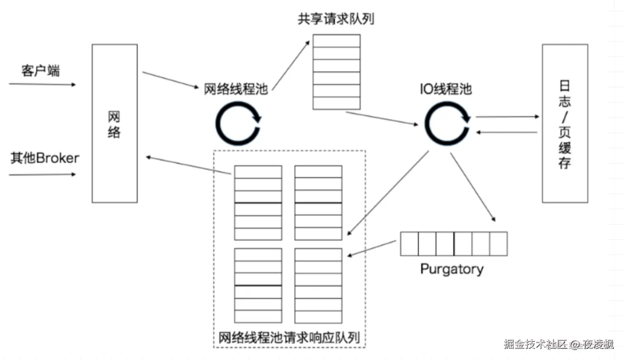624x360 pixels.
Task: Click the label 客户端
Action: (x=41, y=71)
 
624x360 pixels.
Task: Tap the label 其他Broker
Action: (x=45, y=158)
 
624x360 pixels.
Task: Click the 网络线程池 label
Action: (x=236, y=89)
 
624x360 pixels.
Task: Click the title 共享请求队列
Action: (x=336, y=19)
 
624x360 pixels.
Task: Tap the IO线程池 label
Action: (x=446, y=89)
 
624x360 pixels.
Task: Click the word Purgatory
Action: (x=452, y=269)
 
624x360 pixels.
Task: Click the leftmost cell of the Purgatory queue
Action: (x=409, y=244)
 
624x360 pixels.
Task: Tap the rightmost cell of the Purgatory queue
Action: (x=499, y=244)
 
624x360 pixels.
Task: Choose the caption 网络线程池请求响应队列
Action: (x=289, y=338)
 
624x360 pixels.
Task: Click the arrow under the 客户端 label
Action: (x=42, y=84)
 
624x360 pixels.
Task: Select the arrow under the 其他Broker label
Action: (x=42, y=174)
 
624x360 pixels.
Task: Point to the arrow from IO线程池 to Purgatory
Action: (x=473, y=187)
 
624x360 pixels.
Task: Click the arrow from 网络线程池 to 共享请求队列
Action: (x=291, y=66)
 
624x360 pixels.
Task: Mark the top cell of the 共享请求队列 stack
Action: (x=337, y=41)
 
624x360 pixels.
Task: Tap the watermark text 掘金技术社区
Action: (x=536, y=344)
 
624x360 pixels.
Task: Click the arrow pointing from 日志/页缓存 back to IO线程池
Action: (x=506, y=132)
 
